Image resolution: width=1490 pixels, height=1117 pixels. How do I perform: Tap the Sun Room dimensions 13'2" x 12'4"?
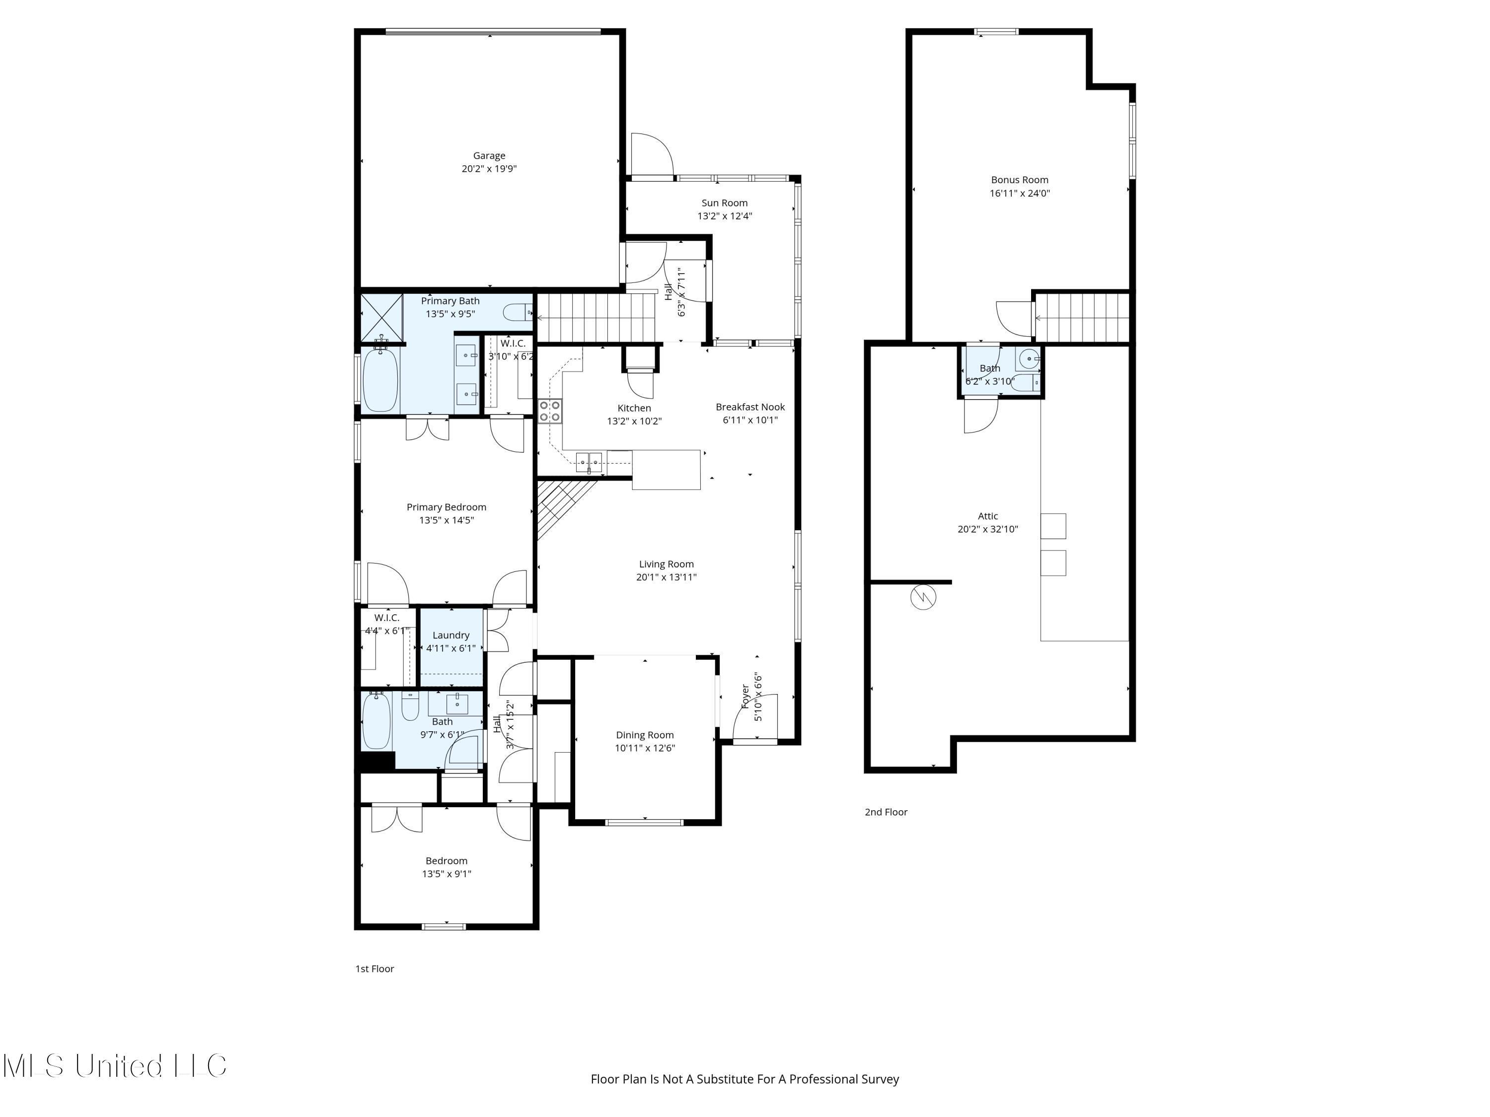724,216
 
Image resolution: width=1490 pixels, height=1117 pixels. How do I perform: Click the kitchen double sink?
589,462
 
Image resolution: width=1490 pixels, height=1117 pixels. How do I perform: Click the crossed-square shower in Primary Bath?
381,317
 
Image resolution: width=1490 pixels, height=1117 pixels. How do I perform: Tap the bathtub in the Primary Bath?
380,381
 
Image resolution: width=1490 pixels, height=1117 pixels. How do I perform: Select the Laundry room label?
450,635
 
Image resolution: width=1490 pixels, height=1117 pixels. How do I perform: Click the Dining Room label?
645,735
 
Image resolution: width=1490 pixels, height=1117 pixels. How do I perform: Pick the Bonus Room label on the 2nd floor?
1019,180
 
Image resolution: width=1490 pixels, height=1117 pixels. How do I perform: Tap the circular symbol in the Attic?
923,597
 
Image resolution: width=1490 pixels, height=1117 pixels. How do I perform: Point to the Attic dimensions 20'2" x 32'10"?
987,529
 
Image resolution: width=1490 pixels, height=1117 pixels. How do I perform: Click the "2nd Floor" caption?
886,812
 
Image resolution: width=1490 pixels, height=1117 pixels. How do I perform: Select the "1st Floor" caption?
374,969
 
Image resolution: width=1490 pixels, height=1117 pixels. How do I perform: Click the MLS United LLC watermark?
115,1066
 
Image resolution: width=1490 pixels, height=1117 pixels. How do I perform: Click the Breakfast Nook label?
749,407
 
